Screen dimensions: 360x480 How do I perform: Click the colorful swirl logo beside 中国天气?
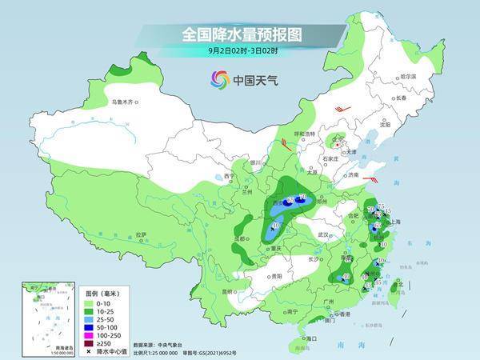point(218,79)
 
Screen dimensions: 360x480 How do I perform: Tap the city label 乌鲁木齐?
point(123,102)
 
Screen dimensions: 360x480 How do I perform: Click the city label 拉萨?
point(141,234)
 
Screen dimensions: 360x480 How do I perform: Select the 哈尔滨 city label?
point(408,76)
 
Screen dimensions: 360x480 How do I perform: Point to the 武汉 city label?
point(323,234)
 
